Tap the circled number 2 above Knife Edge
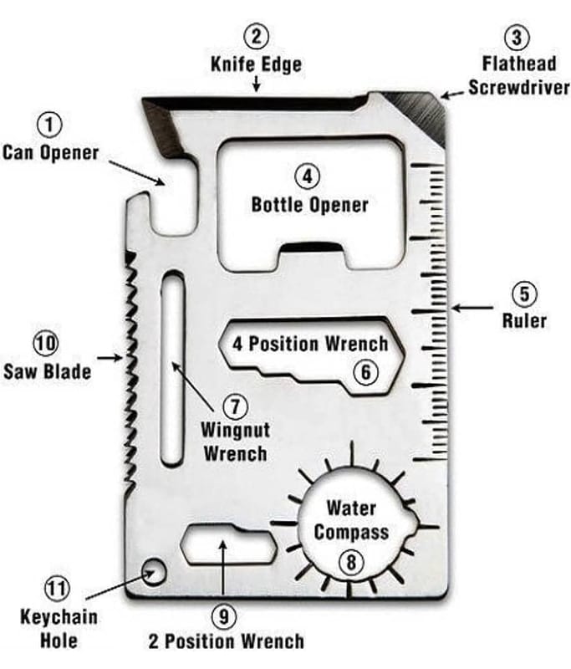256,36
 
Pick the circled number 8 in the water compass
350,562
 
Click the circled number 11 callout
58,589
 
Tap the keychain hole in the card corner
153,572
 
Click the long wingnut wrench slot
171,368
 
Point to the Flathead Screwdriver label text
518,75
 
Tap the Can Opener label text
50,153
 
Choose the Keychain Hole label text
59,629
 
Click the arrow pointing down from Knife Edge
257,84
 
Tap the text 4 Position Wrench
310,344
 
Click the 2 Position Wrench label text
226,642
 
